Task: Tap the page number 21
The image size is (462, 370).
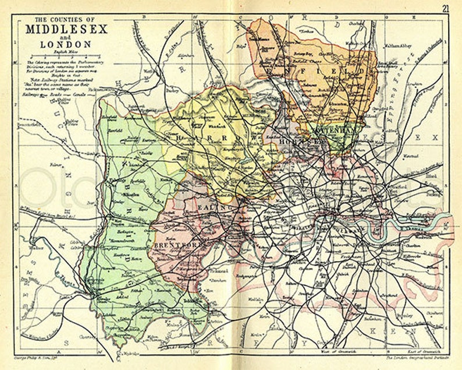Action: (445, 8)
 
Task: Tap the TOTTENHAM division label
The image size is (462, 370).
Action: (333, 131)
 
